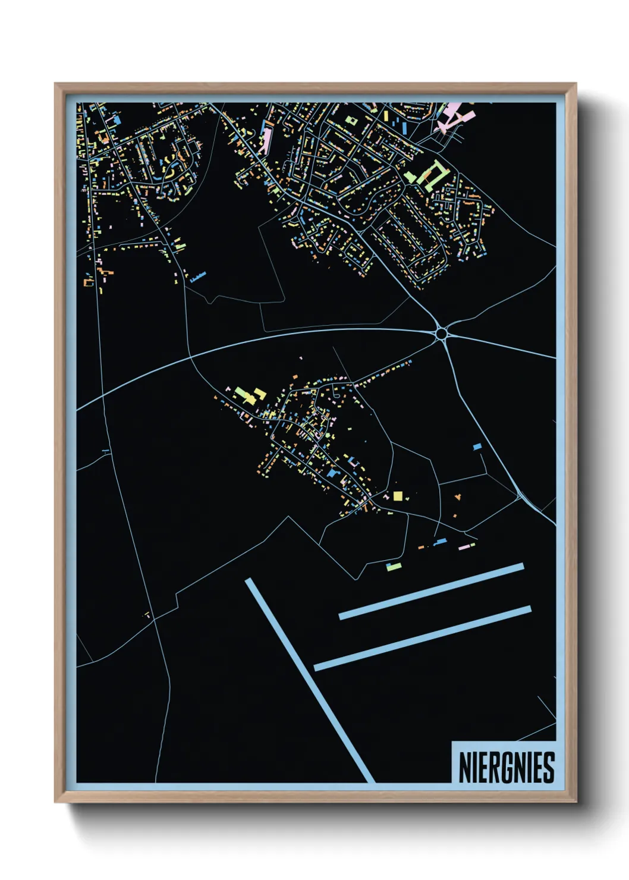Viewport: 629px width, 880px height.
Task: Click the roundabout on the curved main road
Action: tap(441, 334)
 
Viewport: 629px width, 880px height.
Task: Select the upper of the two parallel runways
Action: tap(431, 592)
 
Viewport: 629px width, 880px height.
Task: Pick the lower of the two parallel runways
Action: tap(422, 638)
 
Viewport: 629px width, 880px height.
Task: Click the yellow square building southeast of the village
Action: tap(397, 496)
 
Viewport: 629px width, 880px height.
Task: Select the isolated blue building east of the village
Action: tap(477, 446)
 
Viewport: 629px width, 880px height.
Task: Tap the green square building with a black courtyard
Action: tap(351, 120)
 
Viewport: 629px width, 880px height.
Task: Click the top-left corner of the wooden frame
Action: tap(55, 84)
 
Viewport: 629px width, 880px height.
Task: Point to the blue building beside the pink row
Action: tap(441, 542)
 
